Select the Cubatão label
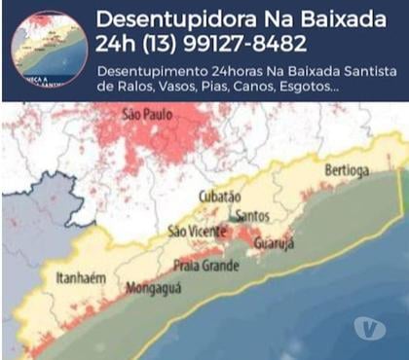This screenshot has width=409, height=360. [219, 196]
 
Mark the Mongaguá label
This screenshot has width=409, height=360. [147, 289]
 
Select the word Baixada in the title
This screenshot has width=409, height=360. [337, 18]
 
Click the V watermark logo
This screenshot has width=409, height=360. [369, 327]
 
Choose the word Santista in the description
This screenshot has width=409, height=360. [359, 70]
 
